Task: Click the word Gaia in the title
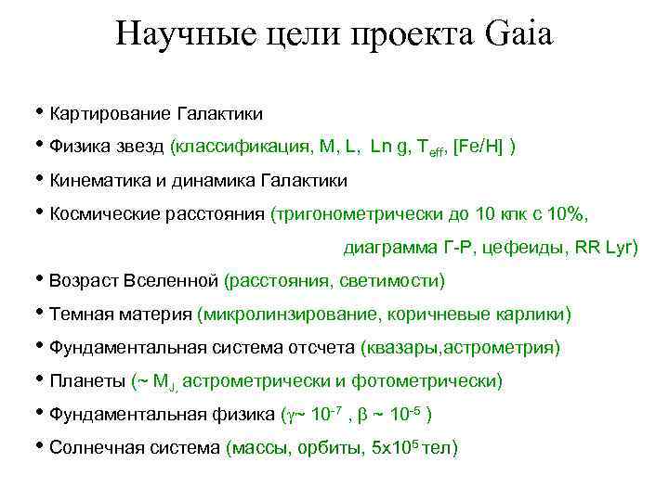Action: coord(518,35)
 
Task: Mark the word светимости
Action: coord(392,280)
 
